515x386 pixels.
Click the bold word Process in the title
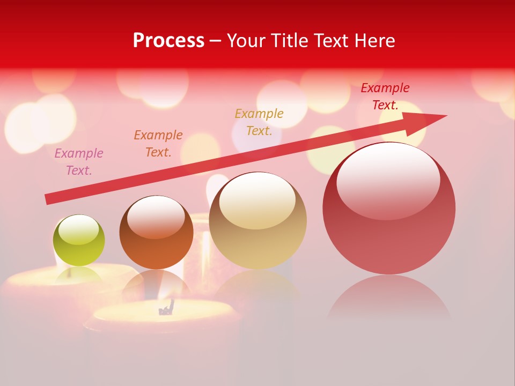tap(168, 41)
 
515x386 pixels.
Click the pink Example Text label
tap(79, 161)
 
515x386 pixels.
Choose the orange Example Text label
tap(158, 143)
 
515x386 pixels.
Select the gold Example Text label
tap(259, 122)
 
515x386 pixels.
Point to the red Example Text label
tap(385, 96)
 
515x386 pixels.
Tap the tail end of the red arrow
tap(49, 199)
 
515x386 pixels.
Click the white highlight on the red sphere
tap(388, 181)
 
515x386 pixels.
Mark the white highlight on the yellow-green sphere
tap(79, 229)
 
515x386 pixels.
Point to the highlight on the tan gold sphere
tap(257, 200)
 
